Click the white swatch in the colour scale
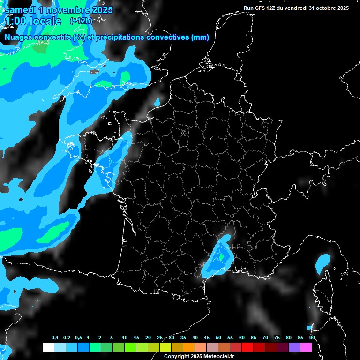[48, 347]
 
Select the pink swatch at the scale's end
[306, 347]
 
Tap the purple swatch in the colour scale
[294, 347]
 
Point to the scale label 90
[312, 337]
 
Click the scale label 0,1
[54, 337]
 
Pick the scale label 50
[218, 337]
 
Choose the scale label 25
[160, 337]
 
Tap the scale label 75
[277, 337]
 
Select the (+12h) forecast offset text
[81, 21]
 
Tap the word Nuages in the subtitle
[18, 37]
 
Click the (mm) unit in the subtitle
[200, 37]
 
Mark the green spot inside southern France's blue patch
[221, 257]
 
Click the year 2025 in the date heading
[101, 10]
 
